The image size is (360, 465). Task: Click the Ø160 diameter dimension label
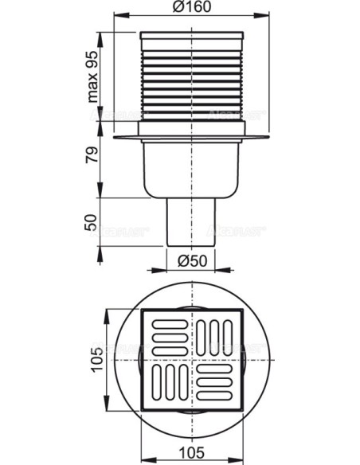coord(191,8)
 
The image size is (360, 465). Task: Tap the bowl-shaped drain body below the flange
coord(191,171)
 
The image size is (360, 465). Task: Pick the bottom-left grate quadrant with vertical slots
coord(166,385)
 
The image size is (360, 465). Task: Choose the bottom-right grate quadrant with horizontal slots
coord(216,385)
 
